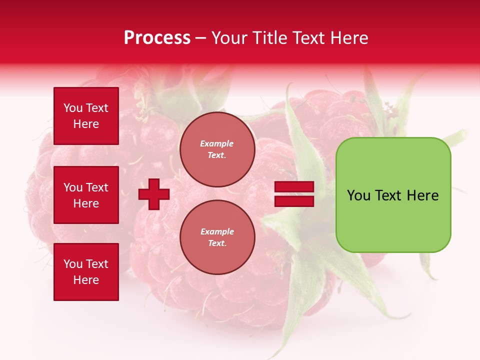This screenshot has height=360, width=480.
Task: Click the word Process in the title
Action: coord(157,38)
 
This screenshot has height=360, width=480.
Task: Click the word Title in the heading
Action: coord(270,38)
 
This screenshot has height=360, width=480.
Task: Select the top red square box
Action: coord(86,116)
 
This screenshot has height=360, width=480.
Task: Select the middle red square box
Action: coord(86,195)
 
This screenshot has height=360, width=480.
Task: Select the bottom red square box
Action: coord(86,272)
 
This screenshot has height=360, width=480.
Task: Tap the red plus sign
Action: coord(154,194)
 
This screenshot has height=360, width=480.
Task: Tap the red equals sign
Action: coord(294,194)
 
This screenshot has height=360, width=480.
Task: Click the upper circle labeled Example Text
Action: coord(217,149)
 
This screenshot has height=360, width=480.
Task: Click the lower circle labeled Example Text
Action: coord(217,237)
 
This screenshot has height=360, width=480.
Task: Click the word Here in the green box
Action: coord(422,195)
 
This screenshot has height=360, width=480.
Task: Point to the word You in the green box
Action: coord(358,195)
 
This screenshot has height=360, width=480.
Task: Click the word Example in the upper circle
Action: coord(217,143)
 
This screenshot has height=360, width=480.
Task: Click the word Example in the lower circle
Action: coord(217,231)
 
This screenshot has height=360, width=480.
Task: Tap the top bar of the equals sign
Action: coord(294,187)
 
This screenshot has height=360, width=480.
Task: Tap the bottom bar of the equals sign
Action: coord(294,201)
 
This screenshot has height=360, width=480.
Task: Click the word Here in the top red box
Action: coord(86,124)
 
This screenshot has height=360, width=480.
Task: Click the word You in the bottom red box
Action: coord(73,264)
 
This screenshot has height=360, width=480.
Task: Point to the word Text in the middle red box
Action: coord(97,187)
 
